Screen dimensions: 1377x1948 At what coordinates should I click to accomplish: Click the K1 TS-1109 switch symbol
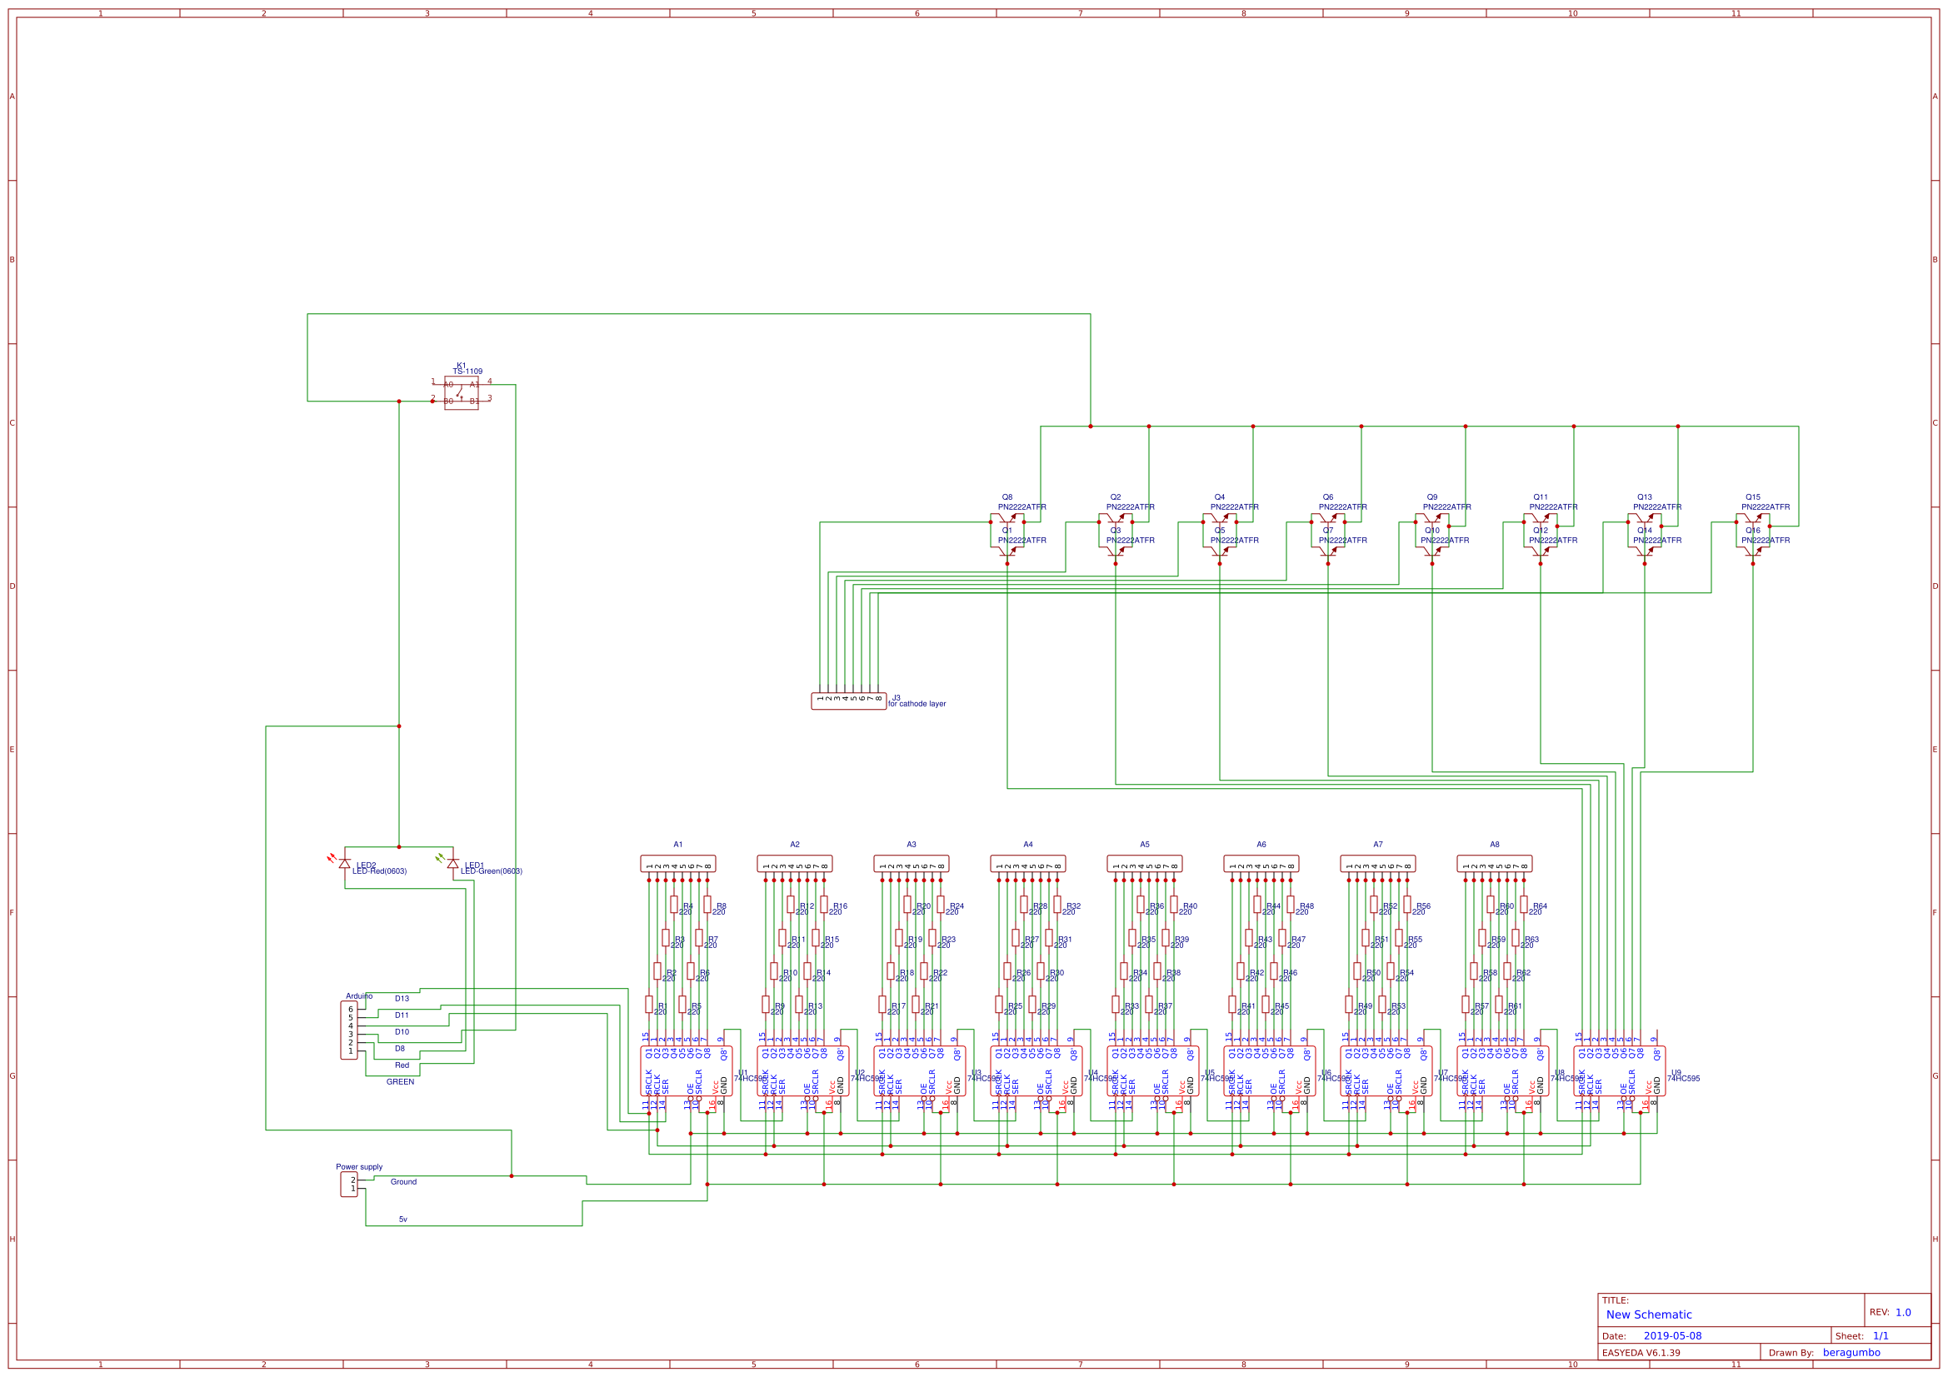461,393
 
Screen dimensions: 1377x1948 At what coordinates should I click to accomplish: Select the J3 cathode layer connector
848,701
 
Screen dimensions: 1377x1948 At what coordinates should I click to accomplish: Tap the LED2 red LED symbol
344,864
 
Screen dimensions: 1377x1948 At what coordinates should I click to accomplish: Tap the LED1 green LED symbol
452,864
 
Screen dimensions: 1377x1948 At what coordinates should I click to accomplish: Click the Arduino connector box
349,1030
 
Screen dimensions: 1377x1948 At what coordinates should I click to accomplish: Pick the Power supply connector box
349,1185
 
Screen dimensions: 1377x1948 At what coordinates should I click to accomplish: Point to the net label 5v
403,1220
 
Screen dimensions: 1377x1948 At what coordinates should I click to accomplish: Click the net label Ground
403,1182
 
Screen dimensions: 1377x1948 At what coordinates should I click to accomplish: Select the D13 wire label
402,999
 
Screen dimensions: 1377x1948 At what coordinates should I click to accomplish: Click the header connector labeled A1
678,864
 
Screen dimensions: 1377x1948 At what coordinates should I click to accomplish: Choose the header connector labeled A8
1494,864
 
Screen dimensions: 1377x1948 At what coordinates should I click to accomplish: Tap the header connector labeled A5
1145,864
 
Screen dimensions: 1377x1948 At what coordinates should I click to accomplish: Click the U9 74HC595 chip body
1619,1070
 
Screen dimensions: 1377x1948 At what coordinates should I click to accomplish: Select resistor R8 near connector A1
707,905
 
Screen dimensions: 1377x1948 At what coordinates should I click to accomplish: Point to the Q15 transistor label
1753,497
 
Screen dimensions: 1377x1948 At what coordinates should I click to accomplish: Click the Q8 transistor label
1007,497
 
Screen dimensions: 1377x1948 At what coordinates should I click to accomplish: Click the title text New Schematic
1649,1315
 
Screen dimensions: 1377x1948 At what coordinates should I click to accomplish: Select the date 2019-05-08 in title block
1672,1335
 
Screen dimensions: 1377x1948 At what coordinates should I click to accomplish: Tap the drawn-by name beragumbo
1851,1352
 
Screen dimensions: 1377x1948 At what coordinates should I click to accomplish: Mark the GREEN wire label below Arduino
401,1082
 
